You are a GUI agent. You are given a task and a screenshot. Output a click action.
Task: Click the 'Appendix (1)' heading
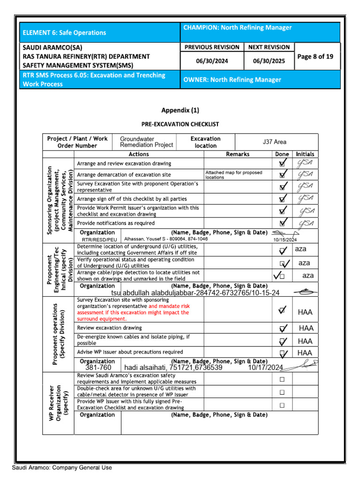pos(180,111)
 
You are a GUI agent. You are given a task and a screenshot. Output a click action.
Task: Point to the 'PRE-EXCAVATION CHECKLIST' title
pos(180,124)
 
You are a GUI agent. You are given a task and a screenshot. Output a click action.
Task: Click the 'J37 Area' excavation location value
pos(274,142)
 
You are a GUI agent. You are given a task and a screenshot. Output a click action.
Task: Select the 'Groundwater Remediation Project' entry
pos(146,142)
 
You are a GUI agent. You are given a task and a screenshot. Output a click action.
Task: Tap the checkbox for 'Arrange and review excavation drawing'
pos(282,164)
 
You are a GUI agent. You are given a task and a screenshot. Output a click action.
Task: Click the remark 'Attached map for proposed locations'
pos(233,175)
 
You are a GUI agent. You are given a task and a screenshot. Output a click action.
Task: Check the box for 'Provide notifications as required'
pos(282,223)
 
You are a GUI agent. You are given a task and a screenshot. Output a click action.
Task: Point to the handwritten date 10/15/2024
pos(285,240)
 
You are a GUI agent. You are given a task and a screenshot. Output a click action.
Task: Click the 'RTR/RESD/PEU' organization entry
pos(99,240)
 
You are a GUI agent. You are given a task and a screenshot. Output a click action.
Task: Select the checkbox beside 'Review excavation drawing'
pos(283,328)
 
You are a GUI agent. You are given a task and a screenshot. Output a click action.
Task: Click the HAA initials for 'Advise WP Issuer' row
pos(305,353)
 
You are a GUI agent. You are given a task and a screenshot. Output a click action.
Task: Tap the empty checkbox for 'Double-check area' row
pos(282,392)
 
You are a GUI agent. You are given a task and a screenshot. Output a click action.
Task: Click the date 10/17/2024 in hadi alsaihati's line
pos(266,367)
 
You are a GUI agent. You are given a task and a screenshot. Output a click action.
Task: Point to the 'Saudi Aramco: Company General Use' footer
pos(62,467)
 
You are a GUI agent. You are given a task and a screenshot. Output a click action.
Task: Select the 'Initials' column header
pos(305,154)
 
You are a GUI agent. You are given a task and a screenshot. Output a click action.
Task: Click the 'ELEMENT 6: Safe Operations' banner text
pos(64,33)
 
